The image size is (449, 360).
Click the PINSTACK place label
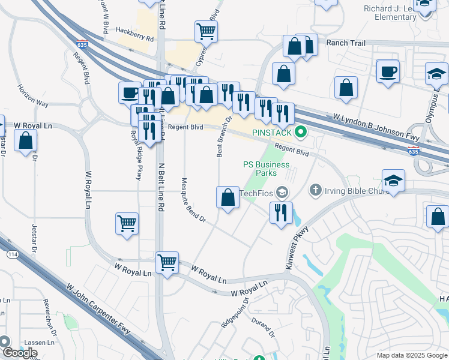pyautogui.click(x=272, y=133)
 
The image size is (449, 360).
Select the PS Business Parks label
pyautogui.click(x=266, y=169)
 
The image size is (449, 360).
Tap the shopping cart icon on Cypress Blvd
pyautogui.click(x=206, y=30)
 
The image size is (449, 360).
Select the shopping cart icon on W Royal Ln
pyautogui.click(x=167, y=262)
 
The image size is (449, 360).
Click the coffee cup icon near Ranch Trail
pyautogui.click(x=387, y=71)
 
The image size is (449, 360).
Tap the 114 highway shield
pyautogui.click(x=12, y=254)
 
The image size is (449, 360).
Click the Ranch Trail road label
pyautogui.click(x=345, y=43)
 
